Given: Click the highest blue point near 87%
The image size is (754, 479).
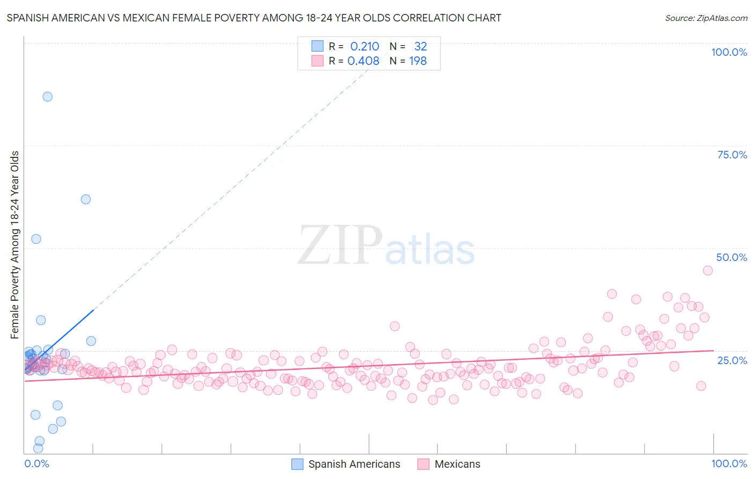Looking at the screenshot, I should pos(48,97).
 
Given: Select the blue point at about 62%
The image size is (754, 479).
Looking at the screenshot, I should pos(86,199).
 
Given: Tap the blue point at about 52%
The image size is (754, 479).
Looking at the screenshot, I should pos(36,239).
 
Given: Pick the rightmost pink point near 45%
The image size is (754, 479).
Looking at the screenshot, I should pos(708,271).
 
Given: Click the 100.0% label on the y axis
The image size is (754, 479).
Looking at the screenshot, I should pos(729,52).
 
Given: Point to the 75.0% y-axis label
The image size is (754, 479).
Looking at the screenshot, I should pos(732,155).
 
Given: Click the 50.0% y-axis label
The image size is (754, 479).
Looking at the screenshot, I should pos(731,257).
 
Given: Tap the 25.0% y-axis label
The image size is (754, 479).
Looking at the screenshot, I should pos(732,360).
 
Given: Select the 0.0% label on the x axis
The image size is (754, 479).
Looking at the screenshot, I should pos(36,463).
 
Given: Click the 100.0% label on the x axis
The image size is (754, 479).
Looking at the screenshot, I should pos(729,463).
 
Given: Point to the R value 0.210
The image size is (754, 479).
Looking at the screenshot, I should pos(365,47).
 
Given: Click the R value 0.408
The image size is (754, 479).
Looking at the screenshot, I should pos(363,61).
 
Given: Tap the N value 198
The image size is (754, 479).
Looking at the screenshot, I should pos(418,61).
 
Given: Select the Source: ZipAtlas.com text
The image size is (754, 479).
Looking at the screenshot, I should pos(706,18).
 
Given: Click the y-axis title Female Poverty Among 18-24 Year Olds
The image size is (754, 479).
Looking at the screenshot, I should pos(15,245).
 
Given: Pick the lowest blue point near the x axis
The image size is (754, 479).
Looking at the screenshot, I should pos(38,448).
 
